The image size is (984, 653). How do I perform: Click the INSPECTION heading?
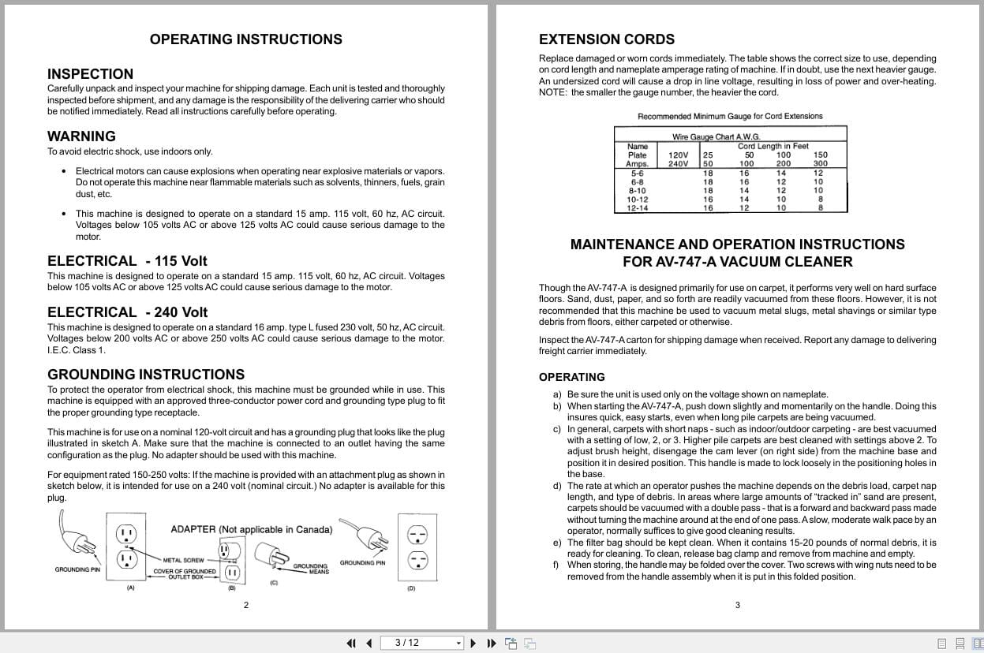tap(90, 74)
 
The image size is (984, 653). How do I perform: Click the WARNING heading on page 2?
tap(81, 136)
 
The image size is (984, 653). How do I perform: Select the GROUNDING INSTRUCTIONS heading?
tap(146, 375)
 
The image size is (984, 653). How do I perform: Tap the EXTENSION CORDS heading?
tap(606, 39)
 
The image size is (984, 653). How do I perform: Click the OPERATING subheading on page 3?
tap(571, 377)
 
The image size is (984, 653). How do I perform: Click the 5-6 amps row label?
tap(637, 173)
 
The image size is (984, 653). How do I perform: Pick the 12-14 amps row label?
tap(637, 208)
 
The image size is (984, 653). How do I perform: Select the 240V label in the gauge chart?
tap(678, 164)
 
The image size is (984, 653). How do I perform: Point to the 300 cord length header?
tap(821, 164)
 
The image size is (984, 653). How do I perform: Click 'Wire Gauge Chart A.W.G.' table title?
tap(716, 137)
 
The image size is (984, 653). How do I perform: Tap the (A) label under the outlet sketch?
tap(130, 588)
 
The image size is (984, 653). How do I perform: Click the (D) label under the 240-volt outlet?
tap(411, 588)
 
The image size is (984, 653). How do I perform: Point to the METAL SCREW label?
tap(183, 561)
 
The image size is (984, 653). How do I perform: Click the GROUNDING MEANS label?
tap(310, 569)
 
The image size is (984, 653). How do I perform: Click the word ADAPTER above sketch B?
tap(193, 530)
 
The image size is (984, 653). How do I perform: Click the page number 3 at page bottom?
tap(737, 606)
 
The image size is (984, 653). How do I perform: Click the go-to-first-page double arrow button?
tap(351, 643)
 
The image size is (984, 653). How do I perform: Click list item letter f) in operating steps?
tap(557, 565)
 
